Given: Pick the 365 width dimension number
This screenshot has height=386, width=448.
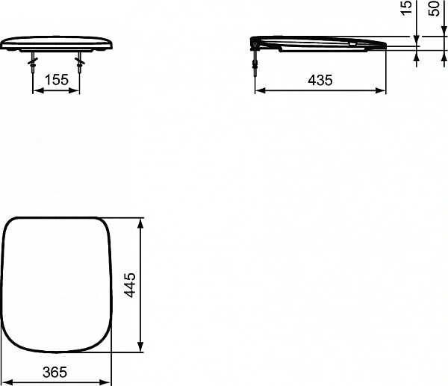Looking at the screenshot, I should coord(55,371).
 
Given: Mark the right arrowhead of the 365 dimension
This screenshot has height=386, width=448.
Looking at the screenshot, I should coord(108,381).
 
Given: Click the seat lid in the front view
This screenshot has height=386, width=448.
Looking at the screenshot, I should coord(56,41).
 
